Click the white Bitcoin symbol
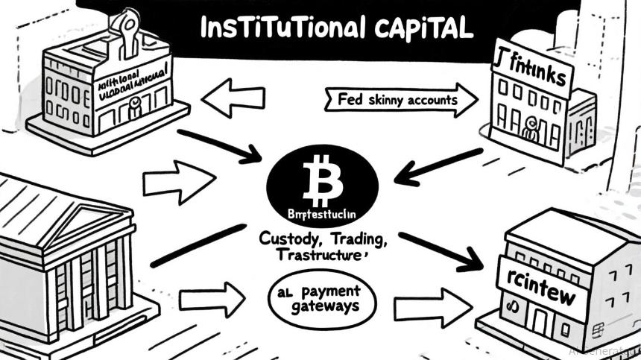coord(322,180)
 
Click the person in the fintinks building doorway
coord(531,130)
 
